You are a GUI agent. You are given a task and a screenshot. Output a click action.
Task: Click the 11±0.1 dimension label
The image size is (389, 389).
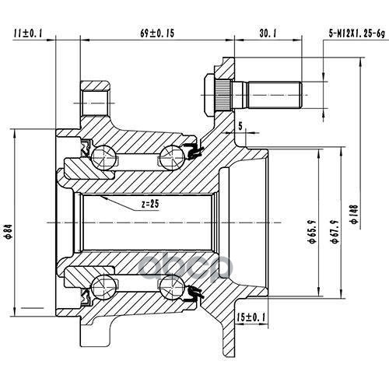(28, 33)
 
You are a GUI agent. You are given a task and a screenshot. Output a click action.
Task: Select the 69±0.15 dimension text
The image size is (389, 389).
(157, 33)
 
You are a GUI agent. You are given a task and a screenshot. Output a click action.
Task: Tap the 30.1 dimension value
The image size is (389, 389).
(268, 33)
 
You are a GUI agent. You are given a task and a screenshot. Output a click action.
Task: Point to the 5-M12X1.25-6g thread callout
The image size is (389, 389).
(357, 33)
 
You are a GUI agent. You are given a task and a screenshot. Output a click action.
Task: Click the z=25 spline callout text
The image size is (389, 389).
(150, 204)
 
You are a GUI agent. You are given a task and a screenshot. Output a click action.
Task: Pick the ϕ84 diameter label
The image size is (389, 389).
(9, 231)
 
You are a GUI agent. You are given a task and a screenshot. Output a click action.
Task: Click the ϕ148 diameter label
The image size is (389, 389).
(354, 214)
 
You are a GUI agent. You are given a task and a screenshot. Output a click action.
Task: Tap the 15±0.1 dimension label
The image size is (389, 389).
(251, 317)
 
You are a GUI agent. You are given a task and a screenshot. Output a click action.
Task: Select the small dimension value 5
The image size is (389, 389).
(240, 126)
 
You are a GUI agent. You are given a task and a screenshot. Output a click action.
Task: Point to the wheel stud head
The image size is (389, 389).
(209, 95)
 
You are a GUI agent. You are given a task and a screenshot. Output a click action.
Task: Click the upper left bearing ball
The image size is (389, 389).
(103, 157)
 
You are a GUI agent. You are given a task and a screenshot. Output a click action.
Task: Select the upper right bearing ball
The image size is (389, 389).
(171, 157)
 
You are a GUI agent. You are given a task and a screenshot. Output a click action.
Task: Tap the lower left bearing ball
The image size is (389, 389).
(103, 288)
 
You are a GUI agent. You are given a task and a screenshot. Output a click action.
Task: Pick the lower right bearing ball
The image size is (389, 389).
(171, 288)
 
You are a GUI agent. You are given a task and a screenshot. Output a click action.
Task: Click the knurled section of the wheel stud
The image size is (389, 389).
(223, 95)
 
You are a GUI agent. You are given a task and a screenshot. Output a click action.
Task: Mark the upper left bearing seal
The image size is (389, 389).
(86, 148)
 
